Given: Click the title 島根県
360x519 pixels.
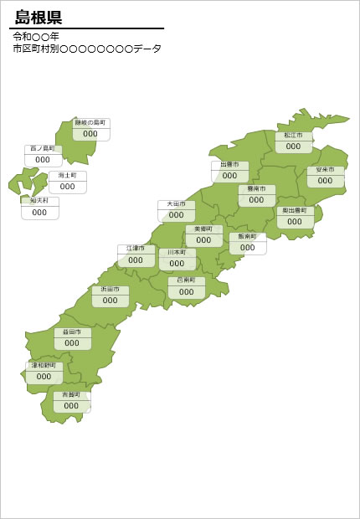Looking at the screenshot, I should (39, 18).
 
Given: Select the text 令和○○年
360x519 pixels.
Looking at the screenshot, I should (36, 37).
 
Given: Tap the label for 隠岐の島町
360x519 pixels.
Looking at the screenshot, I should (90, 122).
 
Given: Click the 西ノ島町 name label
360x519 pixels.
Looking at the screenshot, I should (43, 148).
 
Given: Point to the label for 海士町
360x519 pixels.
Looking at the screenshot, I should (68, 176).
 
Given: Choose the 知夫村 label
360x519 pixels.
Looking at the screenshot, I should (40, 201).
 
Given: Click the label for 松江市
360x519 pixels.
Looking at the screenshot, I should (293, 135).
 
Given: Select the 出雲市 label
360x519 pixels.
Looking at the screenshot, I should (230, 165).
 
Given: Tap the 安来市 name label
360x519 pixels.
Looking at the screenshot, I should (325, 170).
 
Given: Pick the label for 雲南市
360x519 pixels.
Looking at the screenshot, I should (256, 189).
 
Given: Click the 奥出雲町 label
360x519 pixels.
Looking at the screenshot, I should (295, 211).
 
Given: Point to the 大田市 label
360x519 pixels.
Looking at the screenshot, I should (176, 204).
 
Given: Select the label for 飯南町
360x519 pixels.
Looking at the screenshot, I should (247, 237).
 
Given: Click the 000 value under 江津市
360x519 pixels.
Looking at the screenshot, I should (136, 260).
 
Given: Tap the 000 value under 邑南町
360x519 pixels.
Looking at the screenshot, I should (186, 292).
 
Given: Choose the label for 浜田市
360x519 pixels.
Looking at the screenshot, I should (111, 289).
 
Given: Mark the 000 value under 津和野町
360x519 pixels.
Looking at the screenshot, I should (44, 377).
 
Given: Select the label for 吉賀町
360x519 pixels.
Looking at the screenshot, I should (71, 394).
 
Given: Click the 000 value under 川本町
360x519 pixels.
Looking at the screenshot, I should (177, 263).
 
